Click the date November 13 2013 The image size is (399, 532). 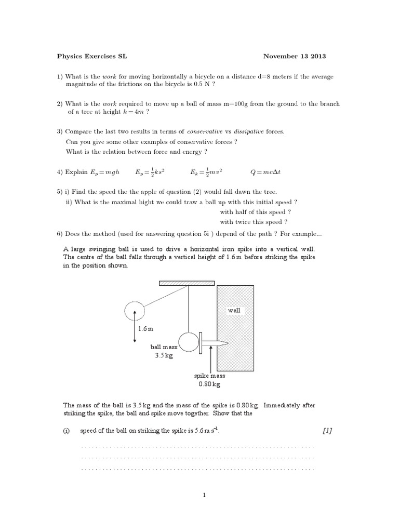click(295, 56)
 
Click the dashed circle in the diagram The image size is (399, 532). click(135, 311)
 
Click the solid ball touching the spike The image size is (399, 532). click(188, 342)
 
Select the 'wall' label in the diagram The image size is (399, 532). click(234, 310)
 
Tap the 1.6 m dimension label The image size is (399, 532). click(146, 329)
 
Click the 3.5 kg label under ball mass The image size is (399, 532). click(165, 356)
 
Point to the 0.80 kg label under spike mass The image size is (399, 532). click(209, 384)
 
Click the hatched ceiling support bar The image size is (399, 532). click(187, 283)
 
